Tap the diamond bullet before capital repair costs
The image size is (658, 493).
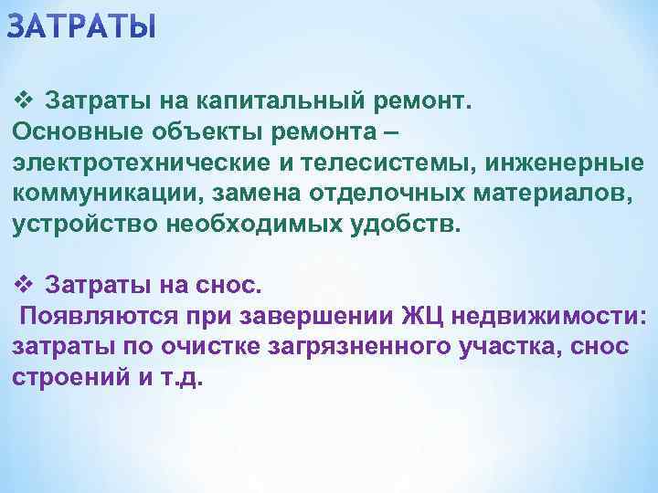coord(24,99)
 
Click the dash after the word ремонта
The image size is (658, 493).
coord(390,131)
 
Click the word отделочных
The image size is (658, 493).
coord(342,194)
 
